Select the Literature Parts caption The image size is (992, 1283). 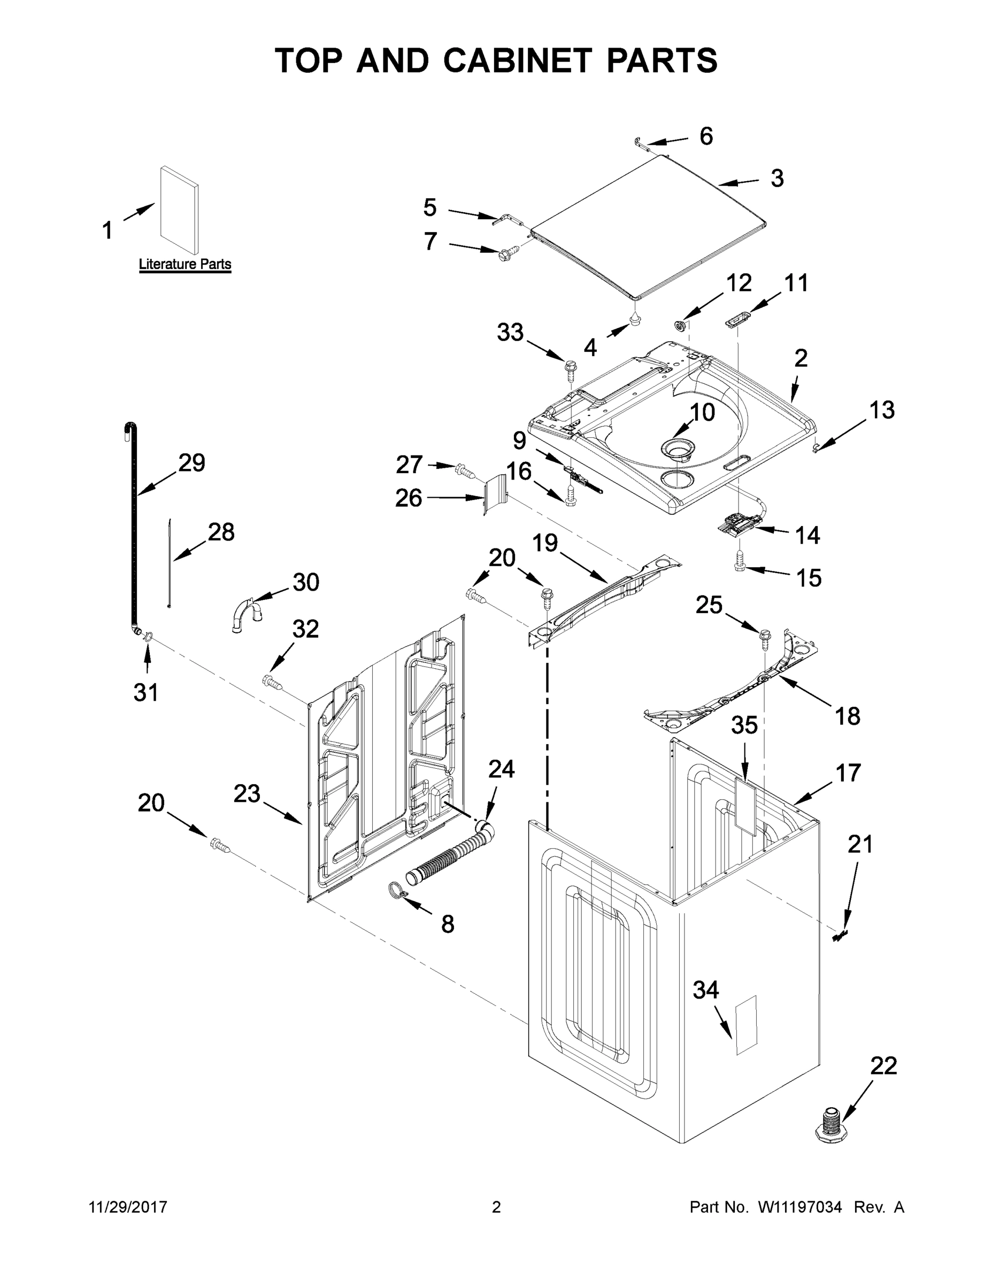pyautogui.click(x=184, y=265)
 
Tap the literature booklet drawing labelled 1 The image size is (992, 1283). pyautogui.click(x=179, y=210)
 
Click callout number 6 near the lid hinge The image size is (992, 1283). pyautogui.click(x=706, y=136)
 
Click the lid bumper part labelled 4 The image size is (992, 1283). pyautogui.click(x=635, y=319)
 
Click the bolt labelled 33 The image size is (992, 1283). pyautogui.click(x=570, y=368)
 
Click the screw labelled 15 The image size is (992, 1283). pyautogui.click(x=739, y=564)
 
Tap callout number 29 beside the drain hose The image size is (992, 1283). pyautogui.click(x=191, y=463)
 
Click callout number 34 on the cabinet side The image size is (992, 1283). pyautogui.click(x=705, y=990)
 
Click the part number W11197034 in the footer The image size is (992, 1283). pyautogui.click(x=800, y=1207)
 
